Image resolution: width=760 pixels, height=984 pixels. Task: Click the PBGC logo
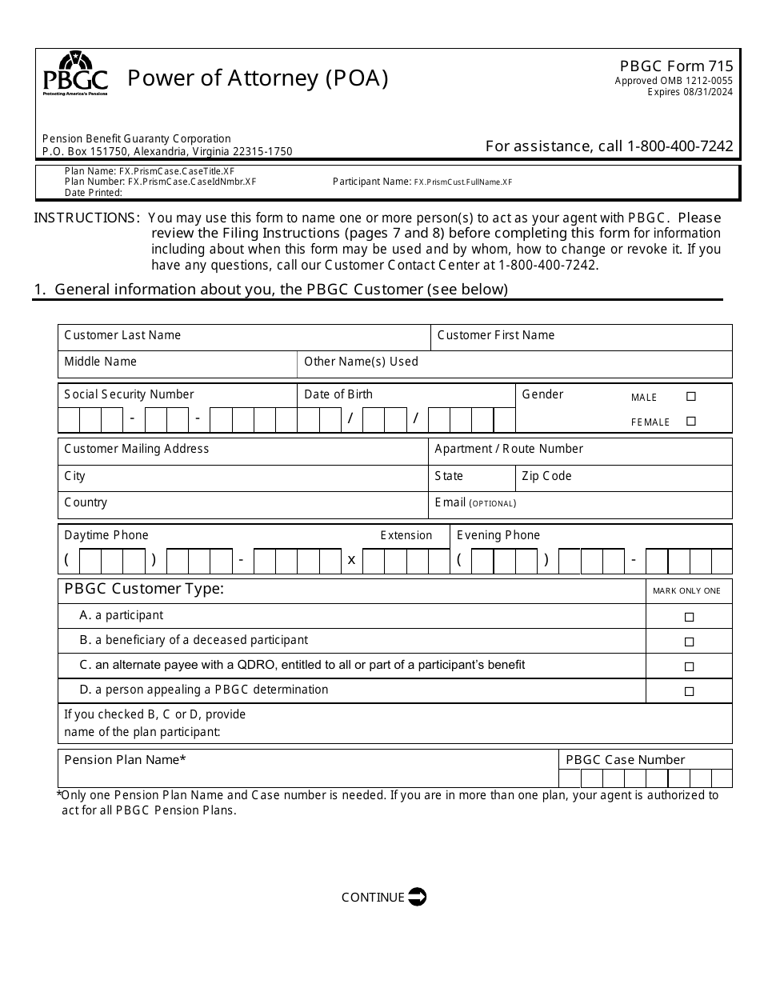pyautogui.click(x=75, y=74)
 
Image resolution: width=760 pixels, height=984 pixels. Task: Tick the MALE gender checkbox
pyautogui.click(x=691, y=396)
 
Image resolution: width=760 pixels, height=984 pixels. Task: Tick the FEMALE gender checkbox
pyautogui.click(x=691, y=421)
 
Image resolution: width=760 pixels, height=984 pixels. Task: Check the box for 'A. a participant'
pyautogui.click(x=689, y=617)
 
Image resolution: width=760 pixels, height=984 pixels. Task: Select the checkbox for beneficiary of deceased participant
pyautogui.click(x=689, y=642)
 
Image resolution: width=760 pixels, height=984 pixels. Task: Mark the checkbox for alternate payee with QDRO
pyautogui.click(x=689, y=666)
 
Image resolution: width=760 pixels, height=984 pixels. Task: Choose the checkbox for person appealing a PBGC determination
pyautogui.click(x=689, y=691)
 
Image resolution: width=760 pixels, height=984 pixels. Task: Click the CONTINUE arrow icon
pyautogui.click(x=417, y=897)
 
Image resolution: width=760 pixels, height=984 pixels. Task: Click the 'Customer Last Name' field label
pyautogui.click(x=122, y=335)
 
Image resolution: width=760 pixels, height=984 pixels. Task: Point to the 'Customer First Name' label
pyautogui.click(x=495, y=335)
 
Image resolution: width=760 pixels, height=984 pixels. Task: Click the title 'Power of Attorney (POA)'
pyautogui.click(x=258, y=78)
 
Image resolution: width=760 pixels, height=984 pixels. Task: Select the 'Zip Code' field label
pyautogui.click(x=546, y=476)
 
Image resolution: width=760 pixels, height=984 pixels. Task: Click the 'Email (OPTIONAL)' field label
pyautogui.click(x=475, y=502)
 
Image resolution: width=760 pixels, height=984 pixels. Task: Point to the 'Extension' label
pyautogui.click(x=406, y=535)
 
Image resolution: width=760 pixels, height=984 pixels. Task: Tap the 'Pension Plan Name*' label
pyautogui.click(x=125, y=759)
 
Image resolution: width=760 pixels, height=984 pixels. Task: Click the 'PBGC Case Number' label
pyautogui.click(x=625, y=759)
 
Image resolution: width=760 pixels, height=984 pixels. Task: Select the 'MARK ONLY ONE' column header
pyautogui.click(x=686, y=590)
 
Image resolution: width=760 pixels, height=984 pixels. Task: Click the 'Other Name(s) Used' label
pyautogui.click(x=361, y=362)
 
